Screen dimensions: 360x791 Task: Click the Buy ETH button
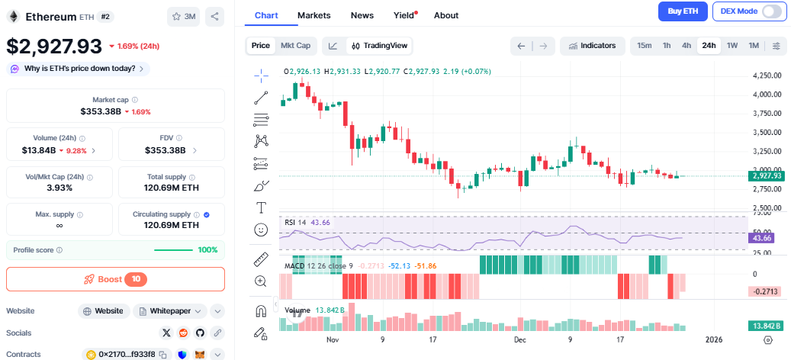coord(683,11)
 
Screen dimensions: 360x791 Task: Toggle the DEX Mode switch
coord(771,11)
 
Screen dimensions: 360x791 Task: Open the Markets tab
coord(314,15)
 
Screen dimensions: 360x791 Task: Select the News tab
coord(362,15)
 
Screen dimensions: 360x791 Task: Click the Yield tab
coord(404,15)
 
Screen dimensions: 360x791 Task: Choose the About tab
coord(445,15)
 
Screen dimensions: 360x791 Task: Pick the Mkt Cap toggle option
coord(295,46)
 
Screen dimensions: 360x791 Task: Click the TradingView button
coord(379,46)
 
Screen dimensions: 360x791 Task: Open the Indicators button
coord(592,46)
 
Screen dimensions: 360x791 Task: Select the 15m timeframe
coord(644,46)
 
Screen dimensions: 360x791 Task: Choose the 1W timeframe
coord(732,46)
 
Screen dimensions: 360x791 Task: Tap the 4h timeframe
coord(686,46)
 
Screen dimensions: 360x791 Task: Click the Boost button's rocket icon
coord(89,279)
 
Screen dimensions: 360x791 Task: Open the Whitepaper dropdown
coord(170,311)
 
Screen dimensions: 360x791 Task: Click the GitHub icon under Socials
coord(201,333)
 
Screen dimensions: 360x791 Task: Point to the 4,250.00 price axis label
coord(766,76)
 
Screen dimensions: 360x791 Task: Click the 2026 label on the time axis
coord(714,339)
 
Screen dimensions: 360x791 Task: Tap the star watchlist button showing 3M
coord(184,16)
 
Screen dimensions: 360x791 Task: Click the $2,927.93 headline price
coord(54,46)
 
